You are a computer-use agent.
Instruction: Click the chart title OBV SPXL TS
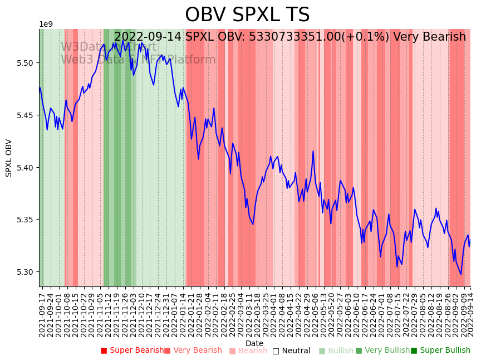[247, 15]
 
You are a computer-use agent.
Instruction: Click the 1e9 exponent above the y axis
[46, 25]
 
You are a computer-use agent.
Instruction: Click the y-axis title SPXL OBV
[9, 158]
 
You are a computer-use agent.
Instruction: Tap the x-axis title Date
[254, 343]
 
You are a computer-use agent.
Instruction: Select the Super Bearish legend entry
[132, 351]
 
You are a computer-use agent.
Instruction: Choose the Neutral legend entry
[291, 351]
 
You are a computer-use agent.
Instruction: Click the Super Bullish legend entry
[440, 351]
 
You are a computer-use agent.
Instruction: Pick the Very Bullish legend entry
[382, 351]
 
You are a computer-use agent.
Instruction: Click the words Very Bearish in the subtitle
[429, 37]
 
